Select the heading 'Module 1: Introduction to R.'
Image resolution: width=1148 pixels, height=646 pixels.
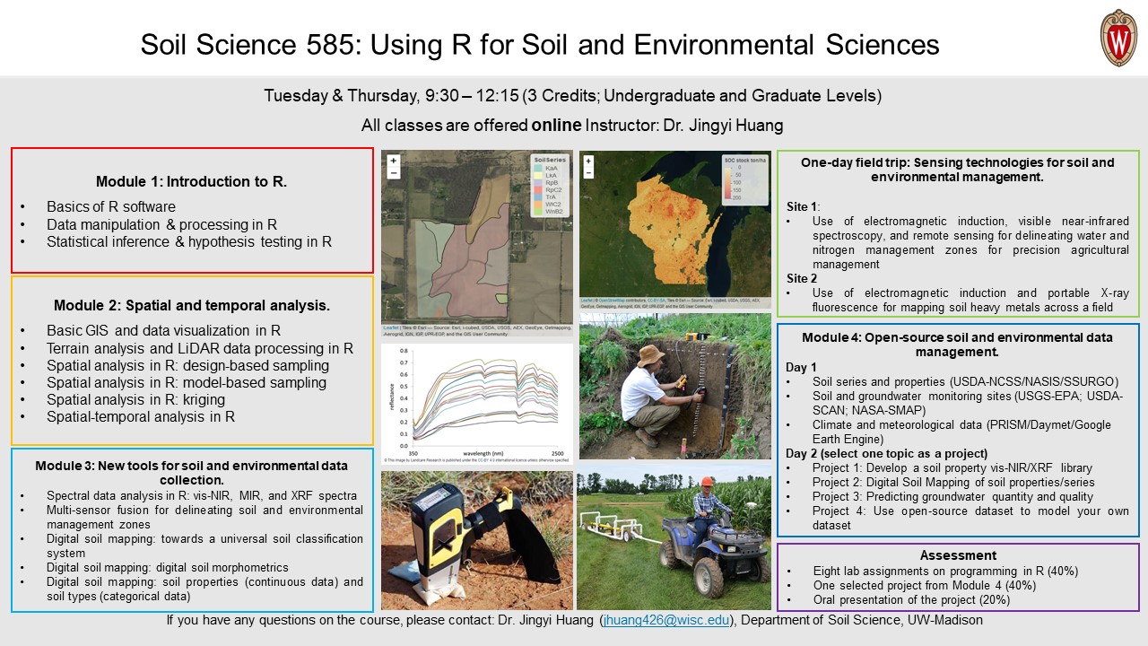pos(191,181)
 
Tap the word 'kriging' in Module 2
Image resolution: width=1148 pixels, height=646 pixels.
pos(202,399)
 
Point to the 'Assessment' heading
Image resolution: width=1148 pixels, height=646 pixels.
pos(958,555)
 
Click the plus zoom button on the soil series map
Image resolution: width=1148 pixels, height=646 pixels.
pos(393,161)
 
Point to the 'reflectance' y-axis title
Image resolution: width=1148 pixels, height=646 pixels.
pos(392,395)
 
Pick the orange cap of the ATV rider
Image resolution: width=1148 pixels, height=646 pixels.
pos(707,482)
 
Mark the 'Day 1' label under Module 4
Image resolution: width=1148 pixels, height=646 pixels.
pos(801,367)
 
